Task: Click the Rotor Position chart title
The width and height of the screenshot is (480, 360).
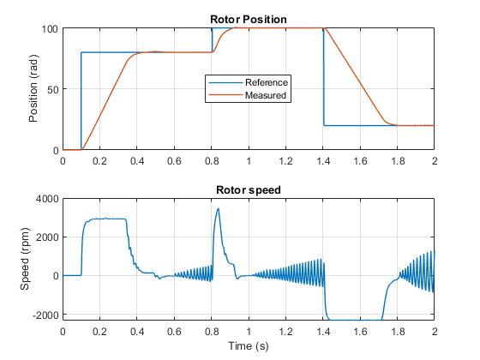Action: pyautogui.click(x=249, y=20)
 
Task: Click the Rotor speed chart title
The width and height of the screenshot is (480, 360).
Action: pyautogui.click(x=249, y=190)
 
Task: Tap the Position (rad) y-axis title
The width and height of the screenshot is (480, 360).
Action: pyautogui.click(x=33, y=89)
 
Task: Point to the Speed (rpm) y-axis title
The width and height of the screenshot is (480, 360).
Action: pyautogui.click(x=25, y=259)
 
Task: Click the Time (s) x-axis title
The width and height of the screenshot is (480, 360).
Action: pyautogui.click(x=249, y=346)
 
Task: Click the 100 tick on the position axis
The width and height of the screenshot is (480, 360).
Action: pyautogui.click(x=50, y=29)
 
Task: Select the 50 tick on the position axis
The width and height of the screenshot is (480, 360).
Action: pyautogui.click(x=52, y=90)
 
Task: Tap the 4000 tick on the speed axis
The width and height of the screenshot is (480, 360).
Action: pyautogui.click(x=47, y=199)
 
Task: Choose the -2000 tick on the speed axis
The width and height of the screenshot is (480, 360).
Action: pyautogui.click(x=45, y=315)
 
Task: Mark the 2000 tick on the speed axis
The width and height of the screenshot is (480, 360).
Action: pyautogui.click(x=47, y=237)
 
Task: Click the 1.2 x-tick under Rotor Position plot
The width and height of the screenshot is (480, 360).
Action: pyautogui.click(x=285, y=161)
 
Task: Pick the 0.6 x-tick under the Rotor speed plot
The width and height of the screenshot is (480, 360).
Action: pyautogui.click(x=174, y=332)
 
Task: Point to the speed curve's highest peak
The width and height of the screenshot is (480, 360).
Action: pyautogui.click(x=219, y=208)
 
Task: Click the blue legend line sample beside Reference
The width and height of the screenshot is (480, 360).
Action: pyautogui.click(x=225, y=82)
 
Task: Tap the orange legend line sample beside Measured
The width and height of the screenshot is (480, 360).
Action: pyautogui.click(x=225, y=95)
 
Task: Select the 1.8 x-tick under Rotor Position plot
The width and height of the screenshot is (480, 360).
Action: pyautogui.click(x=398, y=161)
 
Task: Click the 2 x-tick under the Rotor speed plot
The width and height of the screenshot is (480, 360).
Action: pyautogui.click(x=435, y=332)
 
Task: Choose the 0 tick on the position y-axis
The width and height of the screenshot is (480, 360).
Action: pyautogui.click(x=56, y=151)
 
